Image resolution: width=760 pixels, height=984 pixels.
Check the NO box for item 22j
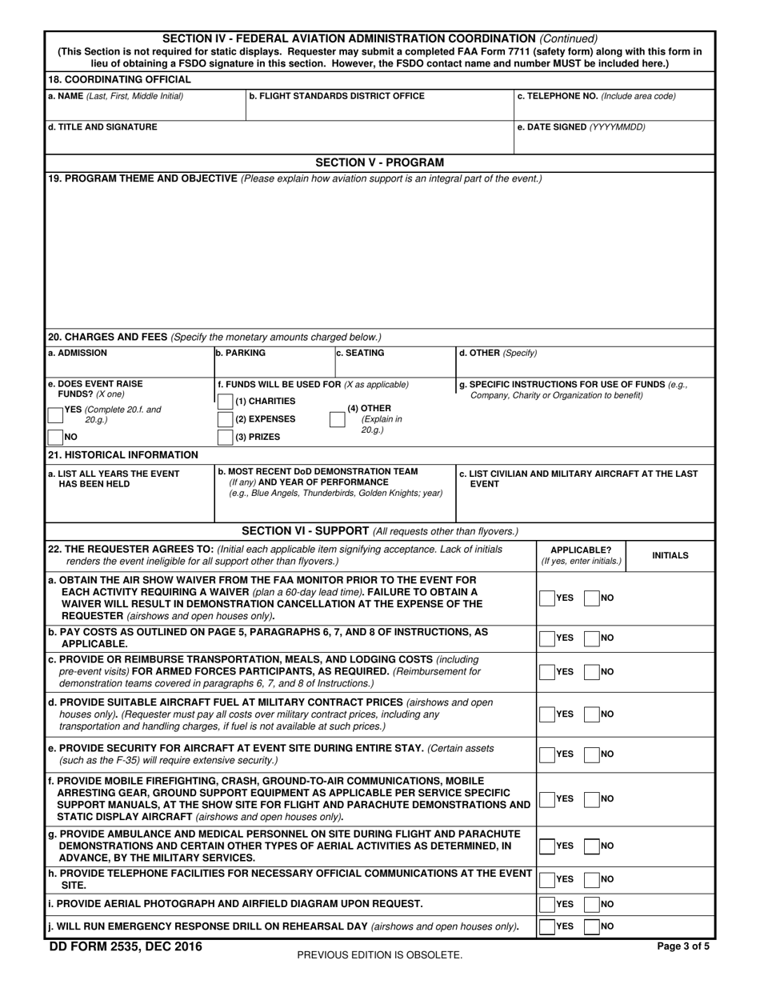click(592, 926)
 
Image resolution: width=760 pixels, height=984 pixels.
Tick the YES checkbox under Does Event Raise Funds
click(56, 414)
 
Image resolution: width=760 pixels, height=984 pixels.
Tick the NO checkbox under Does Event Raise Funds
click(56, 437)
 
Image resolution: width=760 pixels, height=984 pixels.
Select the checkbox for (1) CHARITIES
click(226, 401)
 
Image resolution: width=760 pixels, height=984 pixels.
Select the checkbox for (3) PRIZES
click(226, 437)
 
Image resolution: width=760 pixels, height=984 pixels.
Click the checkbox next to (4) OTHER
click(338, 419)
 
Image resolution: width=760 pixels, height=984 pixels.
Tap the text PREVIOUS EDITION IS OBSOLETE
click(379, 954)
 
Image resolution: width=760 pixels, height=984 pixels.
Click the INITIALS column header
click(670, 555)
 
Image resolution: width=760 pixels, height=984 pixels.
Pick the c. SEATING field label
click(360, 353)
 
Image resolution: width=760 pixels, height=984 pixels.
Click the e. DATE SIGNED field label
click(582, 127)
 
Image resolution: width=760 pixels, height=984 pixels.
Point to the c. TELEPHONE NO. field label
click(597, 96)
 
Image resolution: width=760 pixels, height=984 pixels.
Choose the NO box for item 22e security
click(592, 754)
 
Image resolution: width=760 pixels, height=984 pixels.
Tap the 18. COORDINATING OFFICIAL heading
click(119, 79)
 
